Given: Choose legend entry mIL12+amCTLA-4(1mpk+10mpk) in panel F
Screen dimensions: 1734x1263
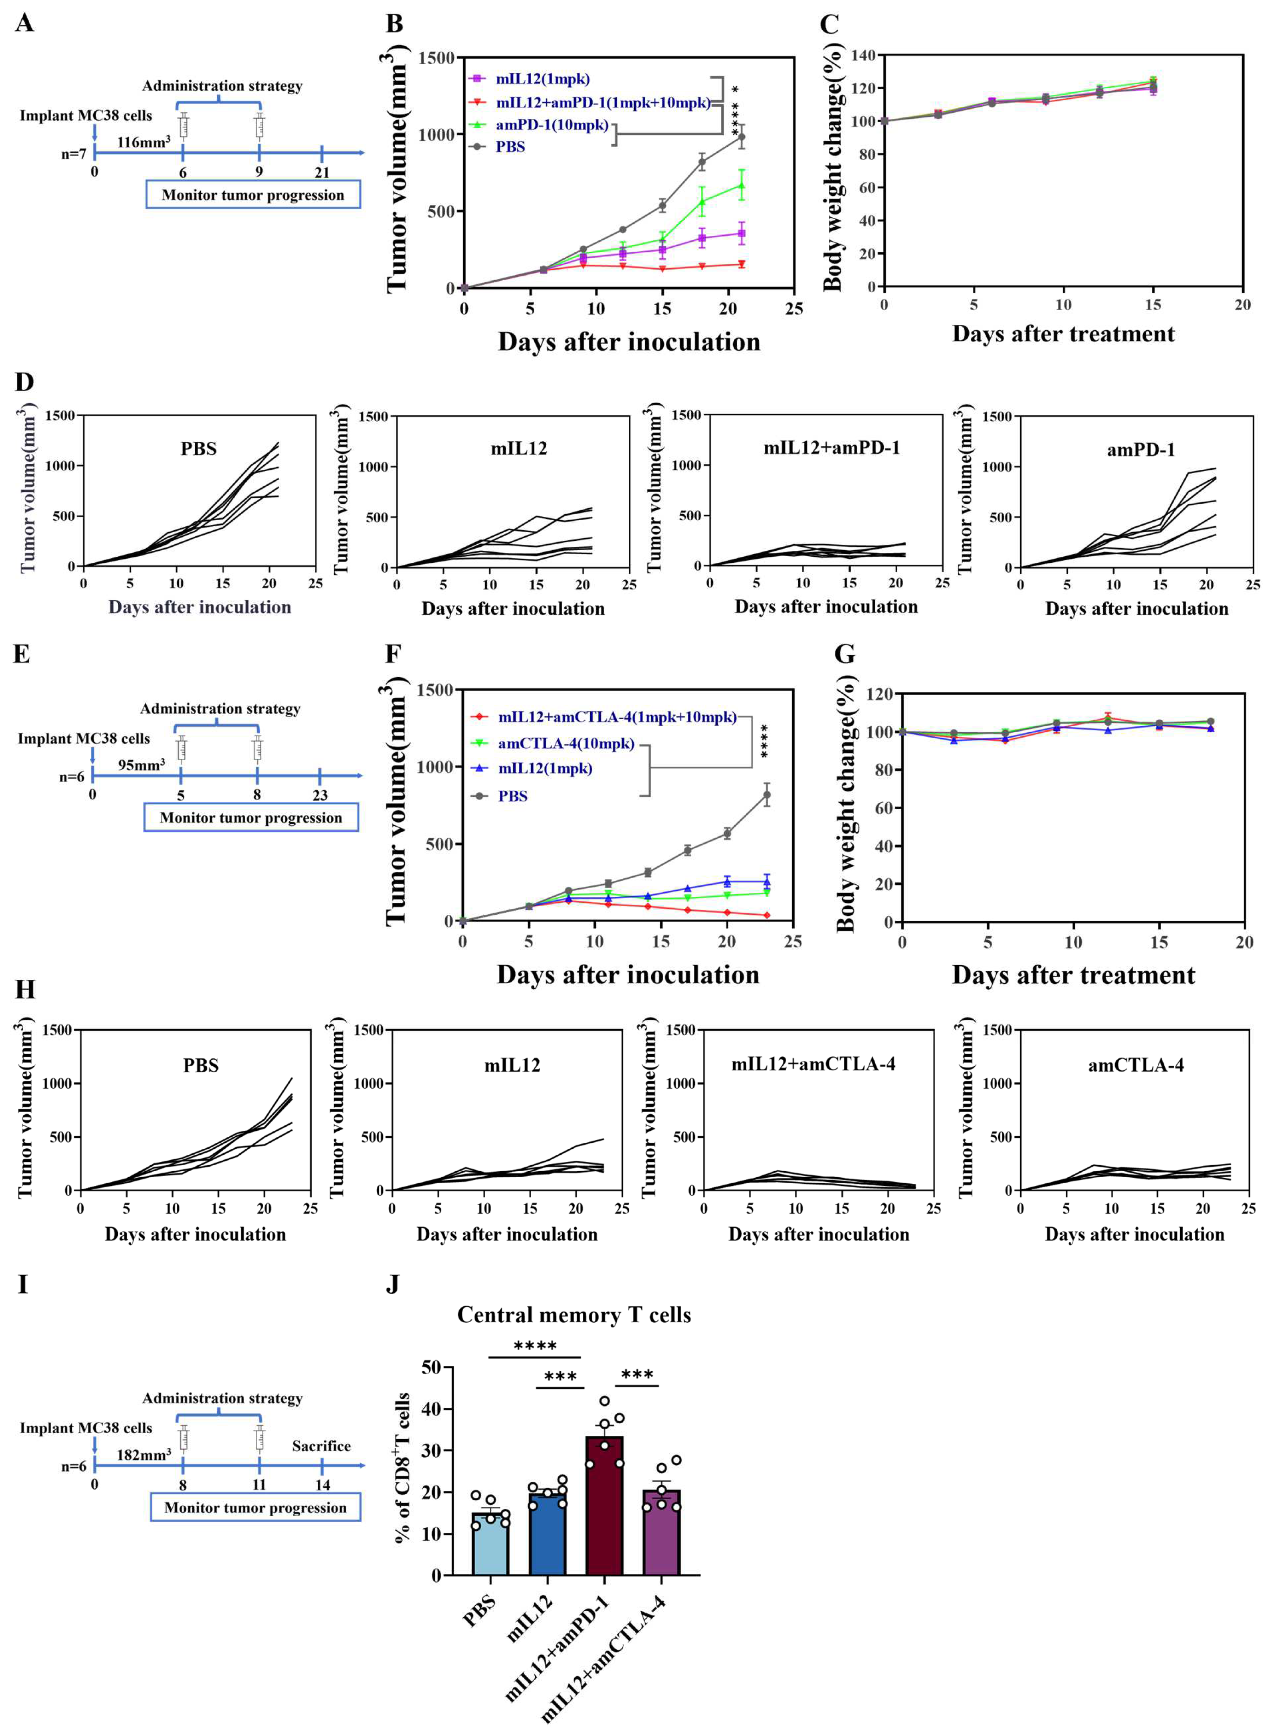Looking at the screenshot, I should pos(617,717).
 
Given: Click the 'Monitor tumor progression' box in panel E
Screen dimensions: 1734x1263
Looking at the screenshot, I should pos(251,817).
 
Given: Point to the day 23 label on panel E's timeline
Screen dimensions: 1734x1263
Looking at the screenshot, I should pos(319,795).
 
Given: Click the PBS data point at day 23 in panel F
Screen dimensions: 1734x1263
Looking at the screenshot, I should pos(767,795).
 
